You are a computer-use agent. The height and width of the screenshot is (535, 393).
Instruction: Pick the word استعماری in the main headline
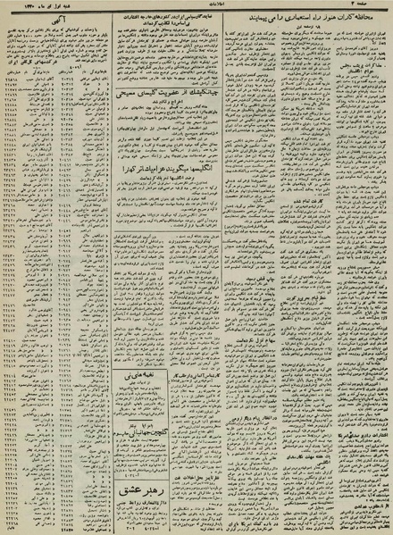[x=287, y=19]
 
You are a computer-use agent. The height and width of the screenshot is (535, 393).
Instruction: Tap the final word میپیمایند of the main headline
[x=235, y=19]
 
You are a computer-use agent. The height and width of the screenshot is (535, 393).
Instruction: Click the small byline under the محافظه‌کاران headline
[x=305, y=28]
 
